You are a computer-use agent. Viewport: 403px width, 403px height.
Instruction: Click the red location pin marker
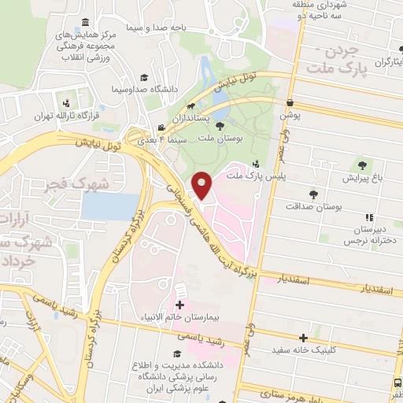point(204,185)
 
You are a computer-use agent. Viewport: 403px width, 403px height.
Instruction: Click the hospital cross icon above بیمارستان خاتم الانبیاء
point(179,305)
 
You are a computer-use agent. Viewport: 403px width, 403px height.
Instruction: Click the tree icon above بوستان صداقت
point(313,194)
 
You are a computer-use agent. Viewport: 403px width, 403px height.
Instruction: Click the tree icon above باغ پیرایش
point(361,165)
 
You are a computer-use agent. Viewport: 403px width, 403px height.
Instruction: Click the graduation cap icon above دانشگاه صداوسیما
point(144,77)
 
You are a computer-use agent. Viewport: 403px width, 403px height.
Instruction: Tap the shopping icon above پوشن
point(290,102)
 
